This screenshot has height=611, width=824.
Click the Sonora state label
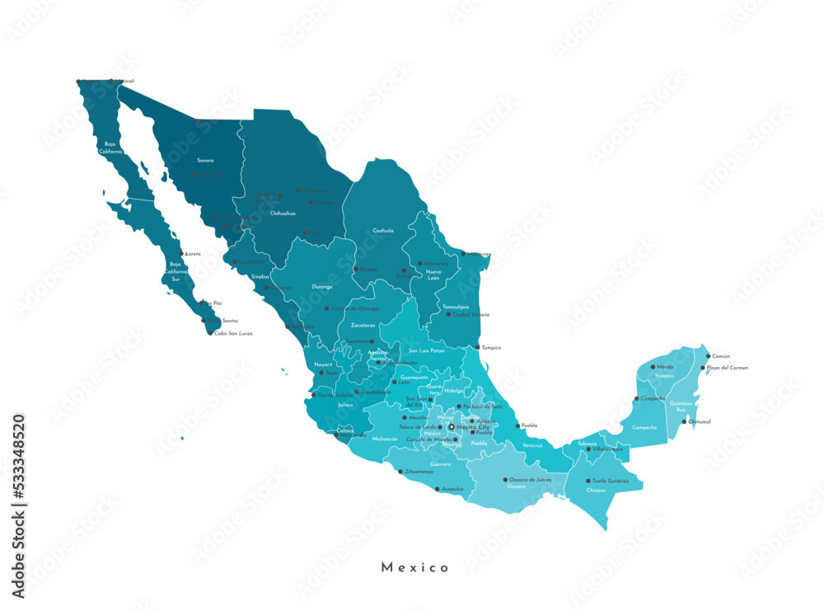click(x=204, y=160)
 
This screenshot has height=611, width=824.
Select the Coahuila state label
click(x=383, y=230)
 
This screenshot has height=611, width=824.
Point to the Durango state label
click(x=322, y=286)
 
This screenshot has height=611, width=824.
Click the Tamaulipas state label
click(x=456, y=307)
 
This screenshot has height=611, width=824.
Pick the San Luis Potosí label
click(x=427, y=350)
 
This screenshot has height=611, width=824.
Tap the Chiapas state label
click(x=597, y=490)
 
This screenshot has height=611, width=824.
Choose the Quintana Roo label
click(x=681, y=407)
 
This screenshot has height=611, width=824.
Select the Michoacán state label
click(x=385, y=439)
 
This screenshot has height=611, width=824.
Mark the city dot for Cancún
click(x=708, y=356)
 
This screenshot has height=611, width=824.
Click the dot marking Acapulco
click(x=438, y=488)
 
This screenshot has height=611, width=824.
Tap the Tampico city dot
click(x=478, y=347)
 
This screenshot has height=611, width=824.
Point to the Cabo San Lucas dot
click(x=210, y=333)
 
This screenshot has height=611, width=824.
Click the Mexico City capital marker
click(x=452, y=427)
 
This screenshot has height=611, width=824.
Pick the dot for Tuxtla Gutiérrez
click(x=588, y=481)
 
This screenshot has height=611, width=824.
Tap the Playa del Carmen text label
click(x=728, y=368)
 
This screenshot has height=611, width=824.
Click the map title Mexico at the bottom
click(x=415, y=567)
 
